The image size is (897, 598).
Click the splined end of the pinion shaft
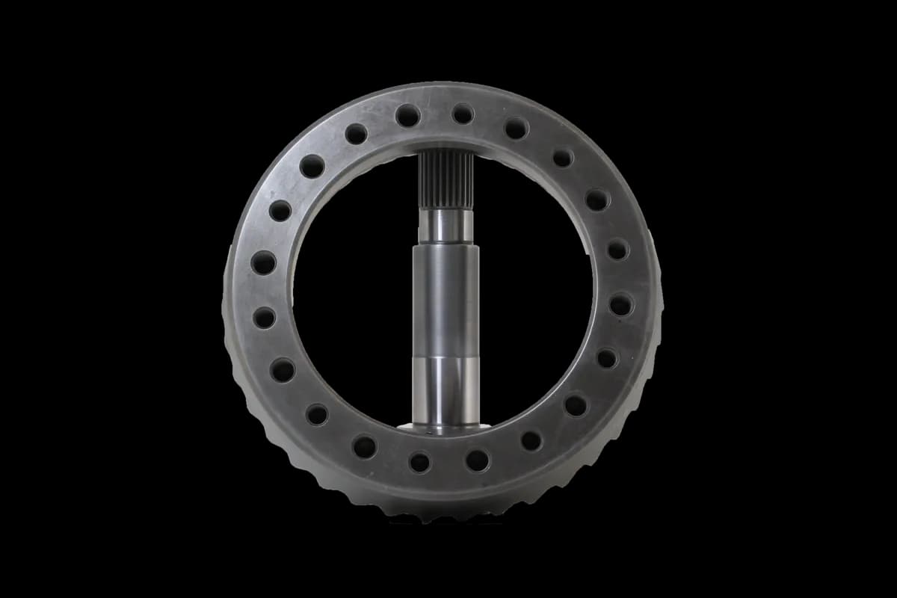[x=446, y=179]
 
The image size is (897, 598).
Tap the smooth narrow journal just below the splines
[x=446, y=226]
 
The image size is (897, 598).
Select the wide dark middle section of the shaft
[x=446, y=299]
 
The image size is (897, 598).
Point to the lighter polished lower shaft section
[x=446, y=389]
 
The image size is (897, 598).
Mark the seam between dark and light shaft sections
[x=446, y=357]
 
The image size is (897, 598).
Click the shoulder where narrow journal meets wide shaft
[x=446, y=244]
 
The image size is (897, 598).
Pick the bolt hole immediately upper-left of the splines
[x=407, y=115]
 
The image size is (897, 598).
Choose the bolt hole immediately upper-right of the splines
[x=463, y=114]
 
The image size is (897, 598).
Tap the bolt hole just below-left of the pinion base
[x=420, y=462]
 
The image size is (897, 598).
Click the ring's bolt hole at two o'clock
[x=597, y=200]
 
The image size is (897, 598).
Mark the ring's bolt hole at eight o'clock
[x=283, y=369]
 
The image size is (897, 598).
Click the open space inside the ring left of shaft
[x=351, y=299]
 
